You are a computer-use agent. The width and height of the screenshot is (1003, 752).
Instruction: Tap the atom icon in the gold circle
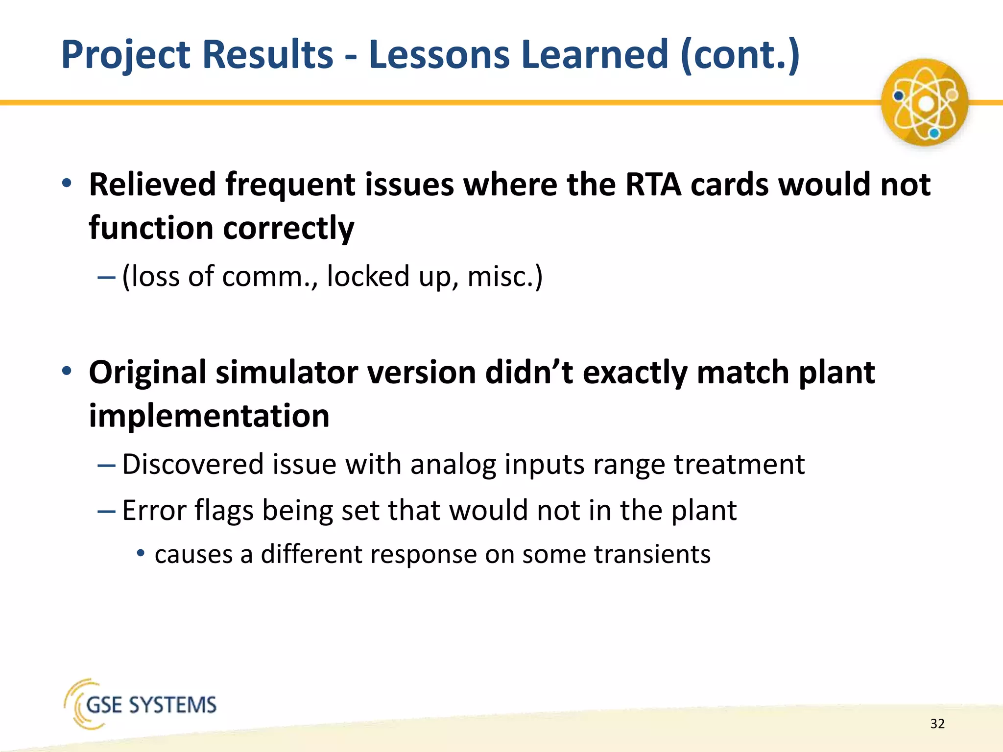pos(924,103)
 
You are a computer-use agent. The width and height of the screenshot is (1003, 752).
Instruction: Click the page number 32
pos(937,724)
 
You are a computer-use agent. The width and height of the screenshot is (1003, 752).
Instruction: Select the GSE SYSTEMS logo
pos(141,704)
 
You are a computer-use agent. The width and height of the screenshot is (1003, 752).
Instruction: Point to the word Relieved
pos(152,185)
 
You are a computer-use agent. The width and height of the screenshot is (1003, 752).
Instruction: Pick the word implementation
pos(209,416)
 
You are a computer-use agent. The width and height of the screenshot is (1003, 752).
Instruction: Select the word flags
pos(224,511)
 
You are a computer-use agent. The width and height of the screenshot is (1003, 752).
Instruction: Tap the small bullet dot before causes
pos(141,553)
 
